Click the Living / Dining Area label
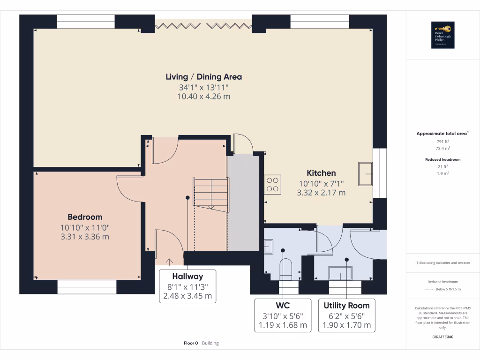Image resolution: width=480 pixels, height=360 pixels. click(x=204, y=77)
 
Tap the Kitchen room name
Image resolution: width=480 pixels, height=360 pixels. click(x=321, y=173)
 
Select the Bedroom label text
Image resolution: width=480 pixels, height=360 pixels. click(x=85, y=217)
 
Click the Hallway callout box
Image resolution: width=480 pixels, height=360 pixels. click(x=187, y=286)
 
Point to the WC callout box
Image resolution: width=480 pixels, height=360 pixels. click(x=283, y=315)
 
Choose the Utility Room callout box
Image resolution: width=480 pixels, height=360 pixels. click(x=347, y=315)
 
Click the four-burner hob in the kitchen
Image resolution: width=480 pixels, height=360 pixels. click(x=273, y=184)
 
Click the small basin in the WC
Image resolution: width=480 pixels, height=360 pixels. click(x=269, y=246)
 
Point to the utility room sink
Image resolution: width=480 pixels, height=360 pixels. click(x=340, y=273)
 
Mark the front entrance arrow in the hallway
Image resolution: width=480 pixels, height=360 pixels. click(x=169, y=262)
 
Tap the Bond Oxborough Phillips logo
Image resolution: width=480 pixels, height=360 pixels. click(x=443, y=35)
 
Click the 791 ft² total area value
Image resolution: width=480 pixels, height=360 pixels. click(x=442, y=141)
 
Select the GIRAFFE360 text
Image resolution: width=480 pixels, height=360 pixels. click(x=442, y=337)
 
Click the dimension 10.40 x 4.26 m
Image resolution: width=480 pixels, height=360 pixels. click(x=204, y=97)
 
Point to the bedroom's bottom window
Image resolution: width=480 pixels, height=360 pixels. click(x=87, y=286)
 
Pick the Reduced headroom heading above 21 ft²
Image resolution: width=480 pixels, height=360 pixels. click(x=442, y=159)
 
